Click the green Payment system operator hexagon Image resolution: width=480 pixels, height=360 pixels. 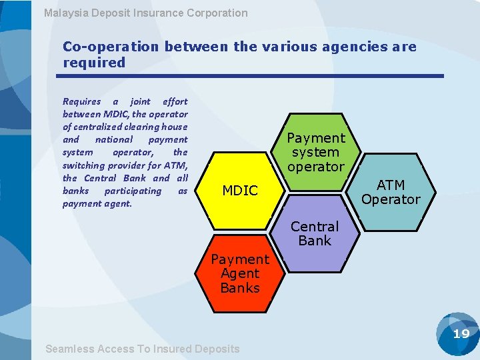[315, 152]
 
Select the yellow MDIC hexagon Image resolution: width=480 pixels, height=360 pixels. [240, 191]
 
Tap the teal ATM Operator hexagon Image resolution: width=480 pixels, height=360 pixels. [391, 192]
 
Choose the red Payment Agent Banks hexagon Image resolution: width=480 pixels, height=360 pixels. [240, 273]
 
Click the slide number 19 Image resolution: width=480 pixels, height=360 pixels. [461, 334]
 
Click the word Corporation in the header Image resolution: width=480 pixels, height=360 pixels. [217, 13]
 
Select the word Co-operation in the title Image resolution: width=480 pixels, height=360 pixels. [111, 47]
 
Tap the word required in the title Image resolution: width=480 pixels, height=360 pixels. [94, 63]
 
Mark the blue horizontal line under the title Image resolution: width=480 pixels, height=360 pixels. [253, 76]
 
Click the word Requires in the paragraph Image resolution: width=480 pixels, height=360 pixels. [81, 101]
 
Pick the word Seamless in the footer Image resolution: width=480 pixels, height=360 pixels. [69, 349]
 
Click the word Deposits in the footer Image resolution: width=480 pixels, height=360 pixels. [217, 349]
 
